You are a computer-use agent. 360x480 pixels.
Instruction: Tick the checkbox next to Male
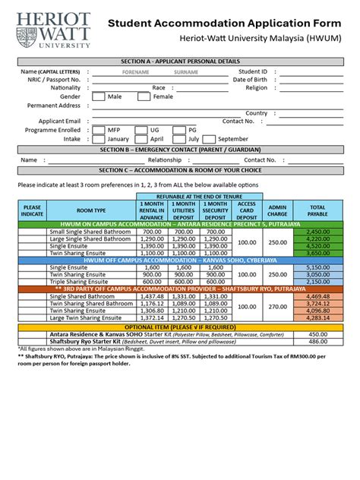(x=99, y=97)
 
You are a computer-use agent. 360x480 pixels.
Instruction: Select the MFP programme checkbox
(x=99, y=130)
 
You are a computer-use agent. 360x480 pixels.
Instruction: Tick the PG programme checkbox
(x=179, y=130)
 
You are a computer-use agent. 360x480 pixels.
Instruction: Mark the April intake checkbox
(x=141, y=139)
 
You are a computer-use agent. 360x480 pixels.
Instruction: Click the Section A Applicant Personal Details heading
(x=181, y=61)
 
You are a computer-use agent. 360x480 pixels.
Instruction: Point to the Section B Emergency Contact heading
(x=181, y=150)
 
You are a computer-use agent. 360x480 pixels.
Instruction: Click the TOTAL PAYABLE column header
(x=317, y=210)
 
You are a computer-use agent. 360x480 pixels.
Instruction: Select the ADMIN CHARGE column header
(x=278, y=210)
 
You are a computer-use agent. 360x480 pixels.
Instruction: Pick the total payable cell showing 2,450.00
(x=317, y=231)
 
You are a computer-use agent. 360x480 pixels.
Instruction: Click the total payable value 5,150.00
(x=317, y=267)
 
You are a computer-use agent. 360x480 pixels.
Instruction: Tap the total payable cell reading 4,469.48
(x=317, y=295)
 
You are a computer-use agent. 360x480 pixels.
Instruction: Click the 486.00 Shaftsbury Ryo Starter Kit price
(x=317, y=341)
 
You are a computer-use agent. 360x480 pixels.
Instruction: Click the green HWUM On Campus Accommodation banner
(x=181, y=224)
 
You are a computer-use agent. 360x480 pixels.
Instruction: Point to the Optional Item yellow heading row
(x=181, y=325)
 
